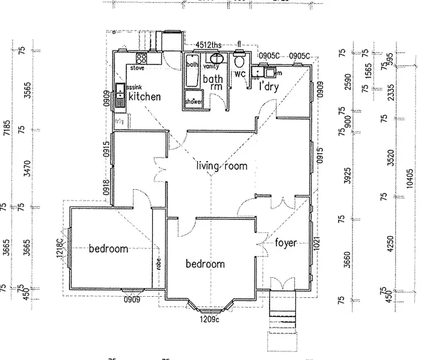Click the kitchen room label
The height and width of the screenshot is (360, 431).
144,97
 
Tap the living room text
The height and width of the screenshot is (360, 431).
222,167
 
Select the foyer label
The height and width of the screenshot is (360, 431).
286,243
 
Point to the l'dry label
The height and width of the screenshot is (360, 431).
269,86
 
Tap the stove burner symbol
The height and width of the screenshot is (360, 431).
141,58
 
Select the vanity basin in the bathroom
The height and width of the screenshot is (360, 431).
217,59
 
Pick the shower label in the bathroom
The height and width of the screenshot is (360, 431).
194,102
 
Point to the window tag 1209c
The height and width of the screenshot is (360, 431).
209,319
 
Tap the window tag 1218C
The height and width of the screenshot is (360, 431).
59,248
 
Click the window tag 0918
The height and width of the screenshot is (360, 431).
106,188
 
